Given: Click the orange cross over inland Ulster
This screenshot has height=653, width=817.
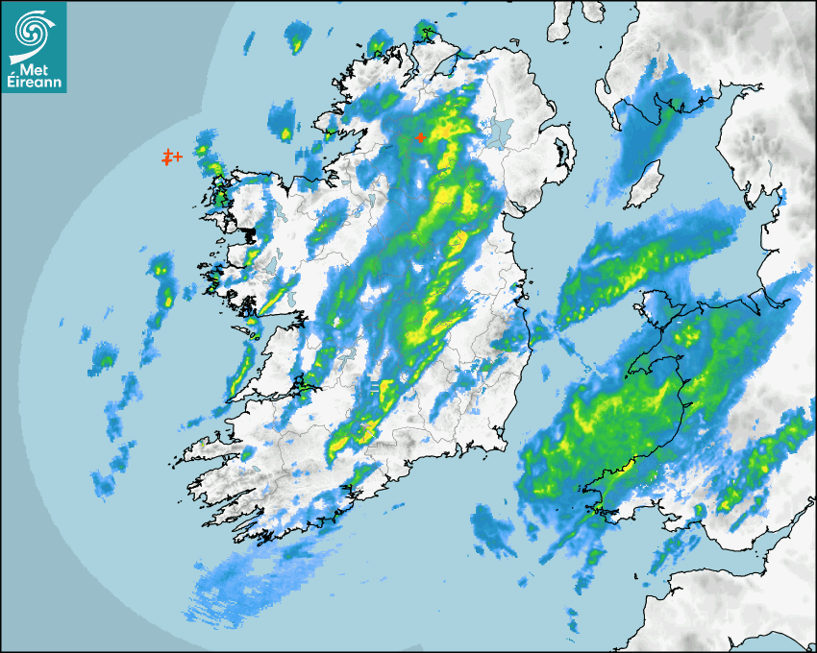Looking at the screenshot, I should (420, 138).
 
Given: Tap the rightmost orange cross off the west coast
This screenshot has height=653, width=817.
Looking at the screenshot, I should (178, 156).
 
